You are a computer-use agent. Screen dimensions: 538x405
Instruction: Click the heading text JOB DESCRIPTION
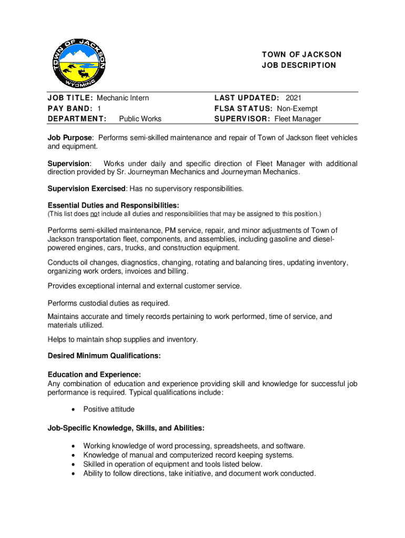pyautogui.click(x=299, y=65)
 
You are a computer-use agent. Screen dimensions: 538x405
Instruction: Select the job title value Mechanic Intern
pyautogui.click(x=123, y=98)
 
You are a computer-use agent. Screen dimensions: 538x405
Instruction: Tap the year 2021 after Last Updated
pyautogui.click(x=293, y=98)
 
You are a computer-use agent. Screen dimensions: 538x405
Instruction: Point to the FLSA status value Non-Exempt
pyautogui.click(x=298, y=108)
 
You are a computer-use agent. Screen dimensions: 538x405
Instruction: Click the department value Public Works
pyautogui.click(x=140, y=119)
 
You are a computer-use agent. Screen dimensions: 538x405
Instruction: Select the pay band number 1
pyautogui.click(x=99, y=108)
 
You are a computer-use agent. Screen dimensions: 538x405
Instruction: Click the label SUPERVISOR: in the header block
pyautogui.click(x=242, y=119)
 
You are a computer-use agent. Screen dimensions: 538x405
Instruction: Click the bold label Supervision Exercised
pyautogui.click(x=87, y=189)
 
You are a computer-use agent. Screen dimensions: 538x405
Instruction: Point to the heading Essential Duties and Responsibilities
pyautogui.click(x=113, y=205)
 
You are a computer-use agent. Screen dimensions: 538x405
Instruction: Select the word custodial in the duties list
pyautogui.click(x=101, y=303)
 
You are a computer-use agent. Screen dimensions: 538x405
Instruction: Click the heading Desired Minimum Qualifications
pyautogui.click(x=104, y=356)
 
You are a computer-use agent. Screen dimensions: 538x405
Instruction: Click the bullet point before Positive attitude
pyautogui.click(x=73, y=409)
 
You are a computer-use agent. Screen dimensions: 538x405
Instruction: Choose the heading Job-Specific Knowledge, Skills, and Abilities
pyautogui.click(x=123, y=428)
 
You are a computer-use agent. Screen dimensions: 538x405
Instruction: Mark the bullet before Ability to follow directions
pyautogui.click(x=73, y=474)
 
